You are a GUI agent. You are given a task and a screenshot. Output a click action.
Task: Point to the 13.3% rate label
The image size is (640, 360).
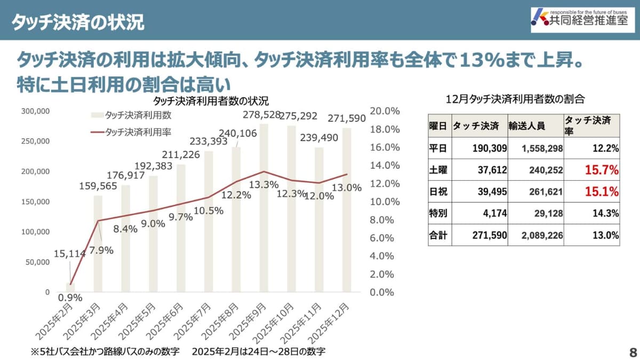click(x=263, y=185)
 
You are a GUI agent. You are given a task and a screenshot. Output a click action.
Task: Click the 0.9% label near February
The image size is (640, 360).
click(x=70, y=298)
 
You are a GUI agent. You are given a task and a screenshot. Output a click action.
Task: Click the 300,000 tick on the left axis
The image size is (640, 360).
click(x=36, y=111)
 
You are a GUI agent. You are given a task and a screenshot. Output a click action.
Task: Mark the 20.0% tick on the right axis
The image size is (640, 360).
click(x=385, y=111)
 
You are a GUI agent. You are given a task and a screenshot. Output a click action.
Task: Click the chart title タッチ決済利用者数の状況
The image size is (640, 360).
click(x=211, y=101)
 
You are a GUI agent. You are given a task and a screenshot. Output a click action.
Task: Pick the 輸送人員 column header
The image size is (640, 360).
click(x=526, y=126)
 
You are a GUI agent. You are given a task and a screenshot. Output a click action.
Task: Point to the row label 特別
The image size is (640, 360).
click(x=438, y=213)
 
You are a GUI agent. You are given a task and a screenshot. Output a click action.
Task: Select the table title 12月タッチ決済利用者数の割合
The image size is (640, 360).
click(x=515, y=99)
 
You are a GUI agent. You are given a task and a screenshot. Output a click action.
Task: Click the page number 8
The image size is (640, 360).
click(x=633, y=352)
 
